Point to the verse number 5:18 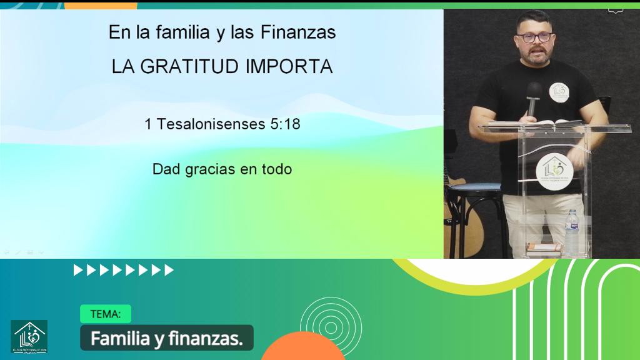click(x=286, y=124)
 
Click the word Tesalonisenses click(x=211, y=124)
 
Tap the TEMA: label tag click(x=105, y=314)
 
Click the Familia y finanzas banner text click(x=166, y=339)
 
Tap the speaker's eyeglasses click(x=536, y=37)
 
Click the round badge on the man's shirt click(x=559, y=92)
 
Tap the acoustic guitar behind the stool click(x=462, y=212)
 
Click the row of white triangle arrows click(x=124, y=270)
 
